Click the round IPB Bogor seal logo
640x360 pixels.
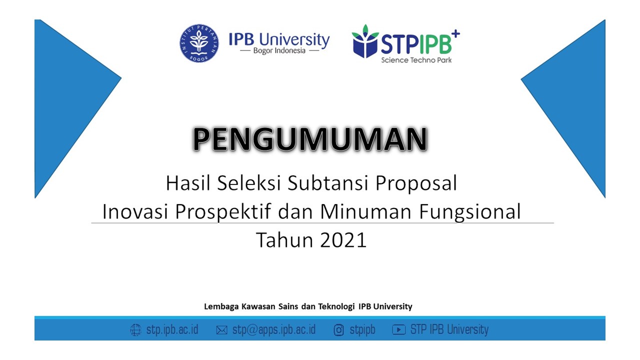[x=199, y=43]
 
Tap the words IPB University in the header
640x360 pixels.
[x=279, y=39]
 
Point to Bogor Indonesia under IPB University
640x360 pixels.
[x=279, y=51]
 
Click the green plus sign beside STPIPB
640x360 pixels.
[x=455, y=33]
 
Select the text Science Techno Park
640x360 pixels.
[x=416, y=60]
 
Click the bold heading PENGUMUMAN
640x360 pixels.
[x=310, y=139]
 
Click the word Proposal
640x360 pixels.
[x=416, y=183]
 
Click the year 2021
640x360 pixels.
[x=343, y=240]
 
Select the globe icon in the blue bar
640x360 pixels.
[x=135, y=329]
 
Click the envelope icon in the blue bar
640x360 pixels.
[x=221, y=330]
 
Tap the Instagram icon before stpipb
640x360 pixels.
[x=338, y=330]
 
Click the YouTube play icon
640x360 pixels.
[x=398, y=329]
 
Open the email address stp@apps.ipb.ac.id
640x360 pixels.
[x=274, y=330]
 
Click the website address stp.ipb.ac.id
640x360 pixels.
[x=172, y=329]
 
